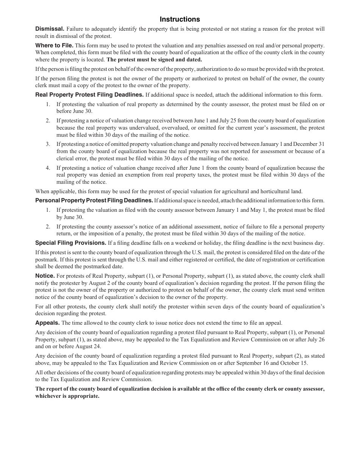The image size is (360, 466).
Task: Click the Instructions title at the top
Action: pyautogui.click(x=180, y=19)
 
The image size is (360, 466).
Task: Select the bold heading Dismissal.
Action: pyautogui.click(x=50, y=29)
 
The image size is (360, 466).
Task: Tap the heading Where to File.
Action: pyautogui.click(x=54, y=45)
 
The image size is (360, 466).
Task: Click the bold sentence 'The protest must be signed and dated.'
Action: pyautogui.click(x=154, y=60)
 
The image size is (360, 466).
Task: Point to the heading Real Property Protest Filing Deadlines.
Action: pyautogui.click(x=89, y=95)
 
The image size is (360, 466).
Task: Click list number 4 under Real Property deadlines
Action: pyautogui.click(x=48, y=168)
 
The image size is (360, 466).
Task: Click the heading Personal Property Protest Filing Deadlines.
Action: pyautogui.click(x=94, y=200)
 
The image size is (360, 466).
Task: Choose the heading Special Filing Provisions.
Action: pyautogui.click(x=70, y=243)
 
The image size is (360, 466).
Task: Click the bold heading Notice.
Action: pyautogui.click(x=45, y=276)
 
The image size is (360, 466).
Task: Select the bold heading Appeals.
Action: pyautogui.click(x=47, y=323)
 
